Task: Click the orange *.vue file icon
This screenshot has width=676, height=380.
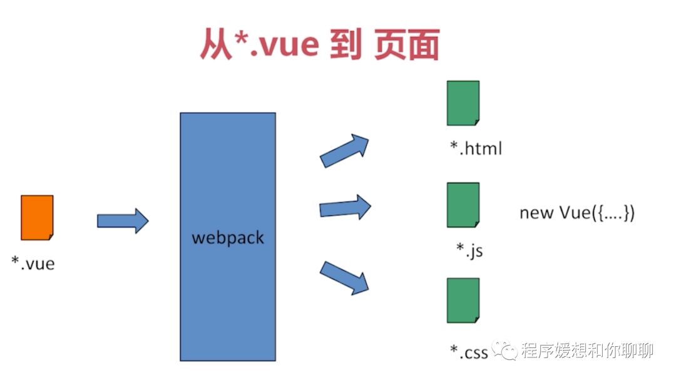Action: (37, 217)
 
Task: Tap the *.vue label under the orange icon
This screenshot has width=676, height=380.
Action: (33, 263)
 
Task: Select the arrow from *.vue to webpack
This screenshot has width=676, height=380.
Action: (123, 221)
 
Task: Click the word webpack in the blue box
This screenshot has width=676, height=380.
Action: (228, 238)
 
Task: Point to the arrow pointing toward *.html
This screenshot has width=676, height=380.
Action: (344, 150)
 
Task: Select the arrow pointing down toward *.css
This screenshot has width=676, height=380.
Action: (344, 277)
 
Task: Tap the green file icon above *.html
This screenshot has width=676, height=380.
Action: (463, 104)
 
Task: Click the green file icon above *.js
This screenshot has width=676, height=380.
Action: (463, 205)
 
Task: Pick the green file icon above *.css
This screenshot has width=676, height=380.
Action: (463, 300)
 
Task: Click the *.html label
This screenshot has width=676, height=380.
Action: (476, 148)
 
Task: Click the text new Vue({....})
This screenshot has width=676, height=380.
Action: (577, 213)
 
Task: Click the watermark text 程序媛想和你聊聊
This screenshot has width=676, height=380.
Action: (587, 351)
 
